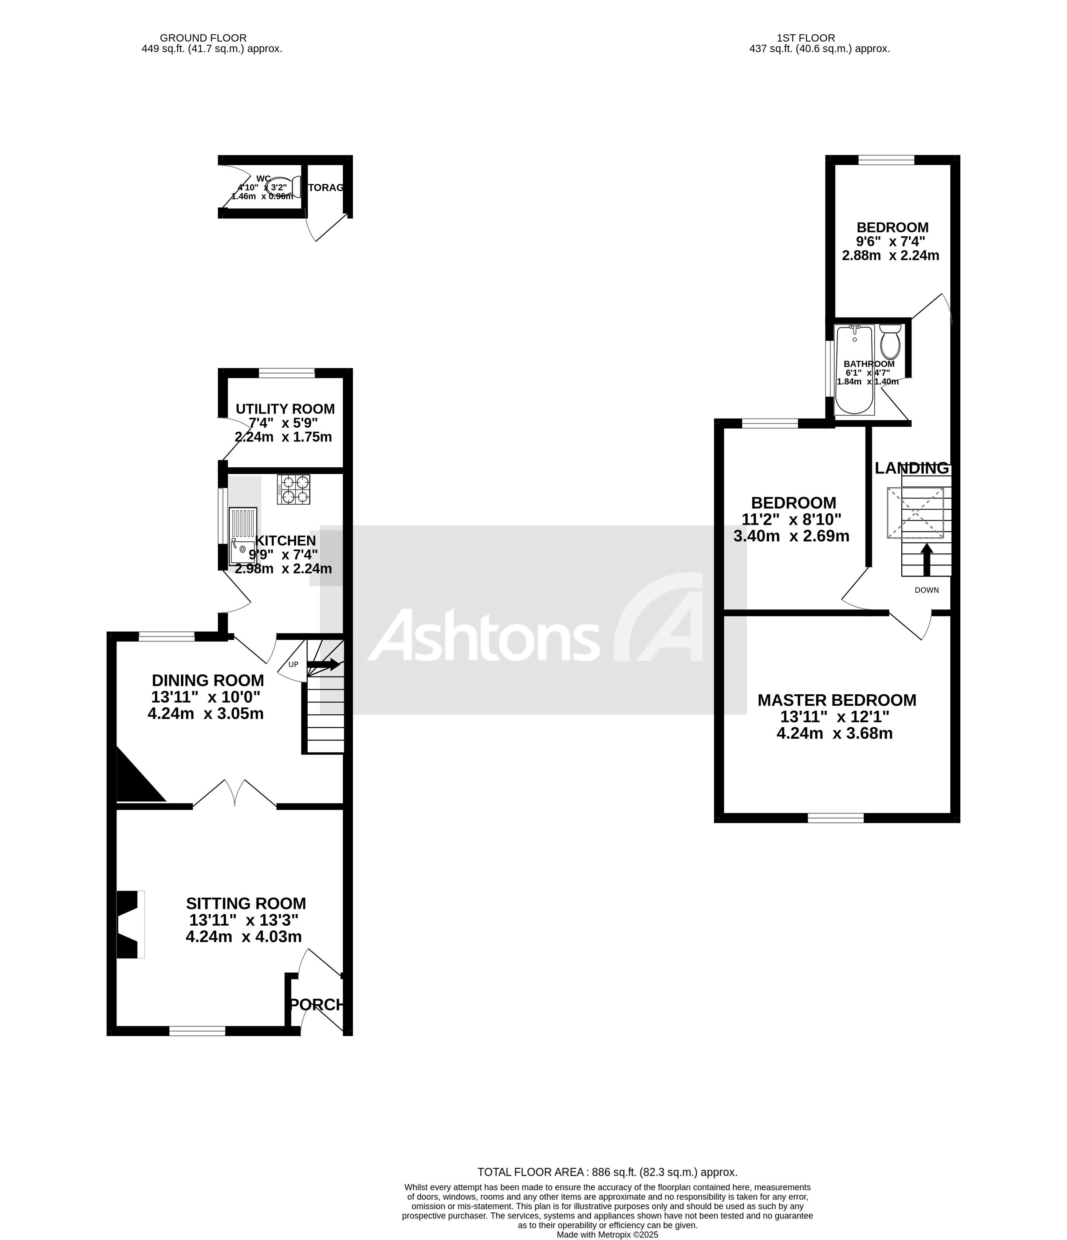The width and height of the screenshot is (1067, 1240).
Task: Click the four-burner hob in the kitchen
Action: pyautogui.click(x=293, y=489)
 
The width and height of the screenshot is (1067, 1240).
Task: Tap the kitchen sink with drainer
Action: pyautogui.click(x=243, y=535)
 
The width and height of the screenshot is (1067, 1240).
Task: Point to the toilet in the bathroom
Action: pyautogui.click(x=890, y=342)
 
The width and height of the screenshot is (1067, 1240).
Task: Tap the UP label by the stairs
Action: pyautogui.click(x=293, y=664)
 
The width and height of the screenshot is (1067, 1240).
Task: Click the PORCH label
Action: pyautogui.click(x=317, y=1004)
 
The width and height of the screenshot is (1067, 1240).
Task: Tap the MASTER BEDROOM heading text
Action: pyautogui.click(x=836, y=699)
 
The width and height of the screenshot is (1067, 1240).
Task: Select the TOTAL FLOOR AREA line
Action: pyautogui.click(x=607, y=1172)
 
